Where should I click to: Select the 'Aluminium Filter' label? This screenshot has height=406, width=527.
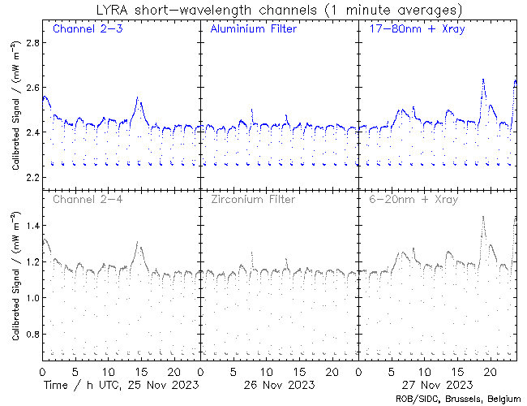click(254, 29)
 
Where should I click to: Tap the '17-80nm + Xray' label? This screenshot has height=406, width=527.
click(411, 29)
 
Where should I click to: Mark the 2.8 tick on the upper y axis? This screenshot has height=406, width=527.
click(29, 43)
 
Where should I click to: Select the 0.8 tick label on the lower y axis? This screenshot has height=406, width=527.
click(29, 335)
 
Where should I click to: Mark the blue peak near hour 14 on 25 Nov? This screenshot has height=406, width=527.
click(139, 98)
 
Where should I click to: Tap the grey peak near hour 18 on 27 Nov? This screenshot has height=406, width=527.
click(483, 217)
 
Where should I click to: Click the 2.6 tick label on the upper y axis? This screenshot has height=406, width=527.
click(29, 88)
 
